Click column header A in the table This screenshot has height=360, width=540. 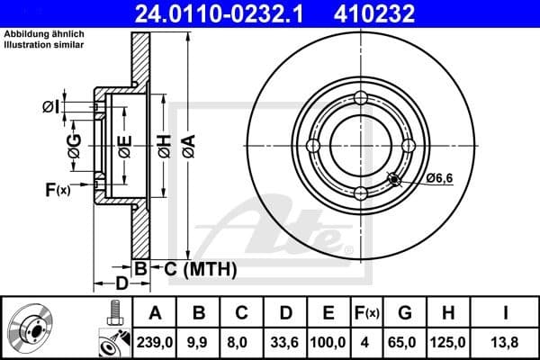pos(154,313)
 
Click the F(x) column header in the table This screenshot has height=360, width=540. pos(367,313)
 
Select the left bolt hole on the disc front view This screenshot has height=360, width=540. pos(313,146)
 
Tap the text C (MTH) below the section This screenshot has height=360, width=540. pos(199,268)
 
